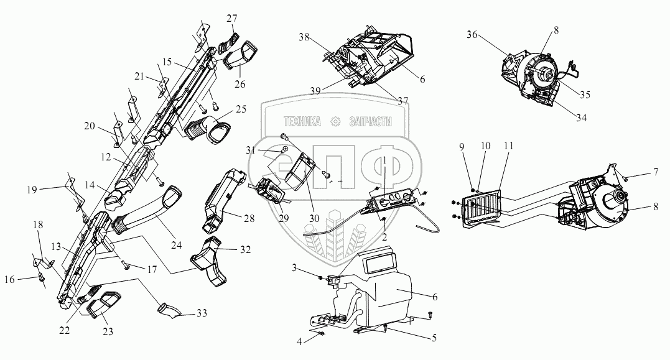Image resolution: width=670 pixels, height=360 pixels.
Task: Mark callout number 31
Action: click(249, 150)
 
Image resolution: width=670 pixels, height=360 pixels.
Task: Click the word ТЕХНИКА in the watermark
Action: click(302, 122)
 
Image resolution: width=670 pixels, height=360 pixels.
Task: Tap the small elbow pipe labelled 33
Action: click(167, 307)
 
